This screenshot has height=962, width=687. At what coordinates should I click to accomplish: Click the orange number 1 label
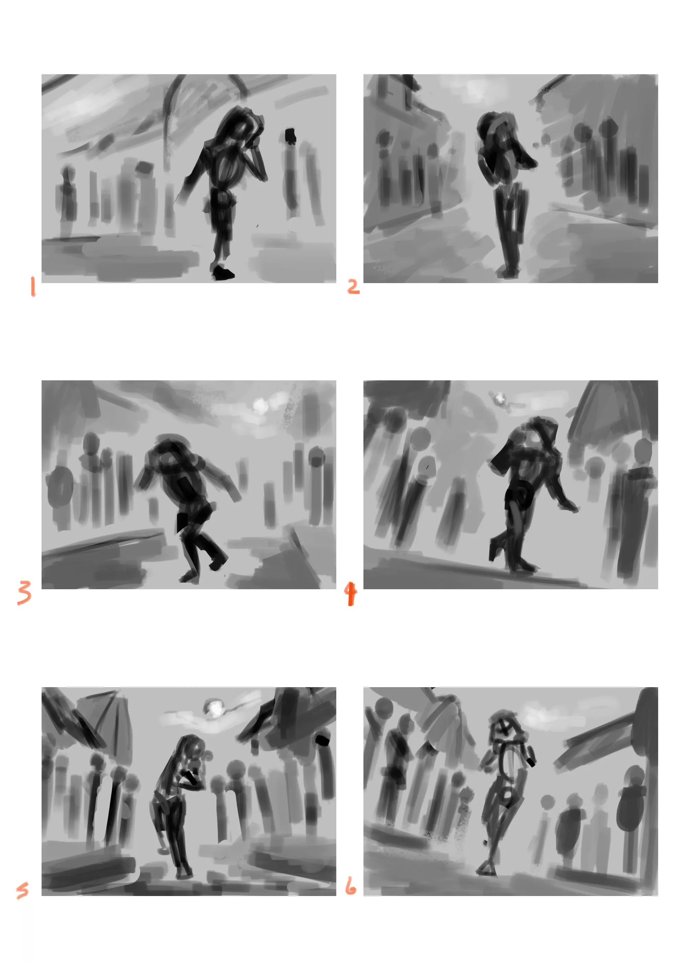pos(33,287)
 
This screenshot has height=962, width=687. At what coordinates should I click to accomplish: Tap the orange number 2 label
pos(353,287)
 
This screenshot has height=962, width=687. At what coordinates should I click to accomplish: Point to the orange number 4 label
pos(350,594)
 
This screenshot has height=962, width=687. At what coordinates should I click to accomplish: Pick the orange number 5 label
pos(22,890)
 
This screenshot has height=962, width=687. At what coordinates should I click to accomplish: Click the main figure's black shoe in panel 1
pos(223,273)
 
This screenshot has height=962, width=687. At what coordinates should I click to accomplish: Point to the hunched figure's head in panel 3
pos(167,455)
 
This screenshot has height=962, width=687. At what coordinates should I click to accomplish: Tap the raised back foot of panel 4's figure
pos(494,550)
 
